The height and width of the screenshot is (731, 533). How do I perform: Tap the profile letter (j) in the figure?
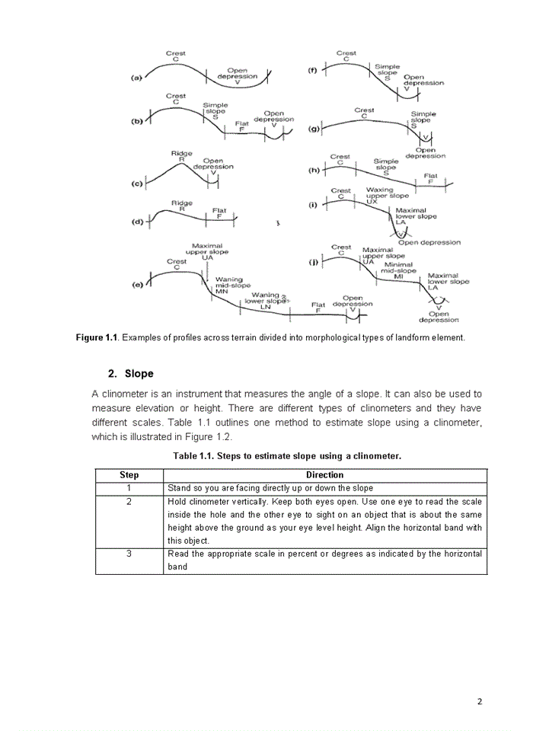pos(312,262)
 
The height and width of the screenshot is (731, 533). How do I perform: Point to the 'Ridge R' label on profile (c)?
pos(182,157)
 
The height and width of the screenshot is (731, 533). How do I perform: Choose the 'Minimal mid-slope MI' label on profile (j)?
pos(398,270)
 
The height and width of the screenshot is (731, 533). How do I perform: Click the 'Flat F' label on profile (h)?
pos(430,178)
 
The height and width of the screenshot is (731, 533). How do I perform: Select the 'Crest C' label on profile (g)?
pos(364,113)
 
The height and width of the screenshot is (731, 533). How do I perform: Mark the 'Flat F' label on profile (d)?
pos(219,212)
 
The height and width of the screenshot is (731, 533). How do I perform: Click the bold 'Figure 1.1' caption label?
pos(97,337)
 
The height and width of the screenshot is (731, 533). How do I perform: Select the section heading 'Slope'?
pos(139,374)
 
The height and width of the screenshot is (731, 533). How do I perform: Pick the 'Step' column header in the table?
pos(129,474)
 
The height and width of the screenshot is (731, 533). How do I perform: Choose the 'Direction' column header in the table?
pos(324,474)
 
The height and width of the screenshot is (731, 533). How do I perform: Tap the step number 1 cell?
pos(129,487)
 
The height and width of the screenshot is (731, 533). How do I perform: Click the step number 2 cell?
pos(129,502)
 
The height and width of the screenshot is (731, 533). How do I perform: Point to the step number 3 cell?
pos(129,554)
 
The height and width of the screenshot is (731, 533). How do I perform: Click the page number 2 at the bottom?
pos(480,701)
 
